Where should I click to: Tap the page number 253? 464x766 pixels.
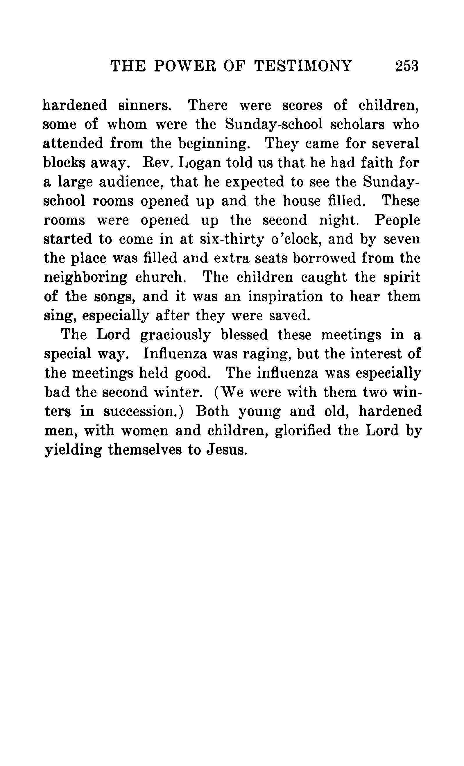[x=407, y=66]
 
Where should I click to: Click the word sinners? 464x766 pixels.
[x=145, y=105]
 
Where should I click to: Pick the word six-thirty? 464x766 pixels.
[x=229, y=239]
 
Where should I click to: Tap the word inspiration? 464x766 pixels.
[x=286, y=297]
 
